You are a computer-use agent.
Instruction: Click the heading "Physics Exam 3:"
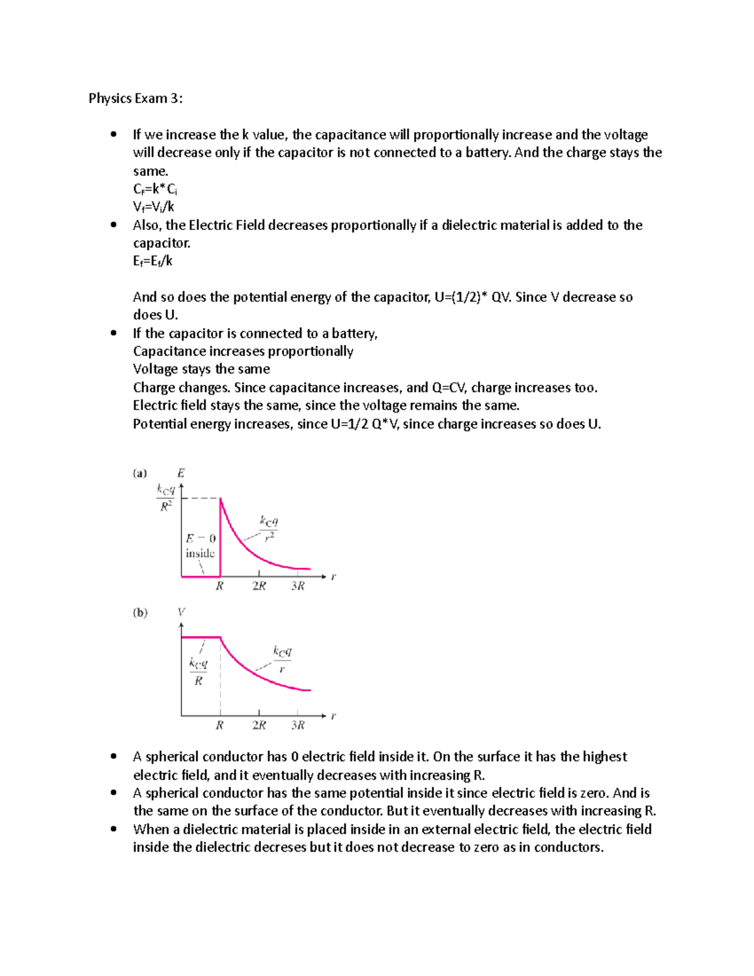point(136,98)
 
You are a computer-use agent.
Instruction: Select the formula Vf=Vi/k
point(154,207)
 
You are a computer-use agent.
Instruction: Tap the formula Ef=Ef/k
point(153,261)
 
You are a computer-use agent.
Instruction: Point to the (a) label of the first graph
point(139,473)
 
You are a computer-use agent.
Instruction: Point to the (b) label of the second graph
point(140,612)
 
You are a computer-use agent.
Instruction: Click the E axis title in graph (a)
point(181,473)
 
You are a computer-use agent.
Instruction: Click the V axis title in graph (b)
point(181,612)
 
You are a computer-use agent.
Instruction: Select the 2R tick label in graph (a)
point(259,586)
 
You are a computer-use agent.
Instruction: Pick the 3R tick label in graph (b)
point(298,725)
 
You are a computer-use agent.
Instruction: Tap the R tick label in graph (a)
point(219,586)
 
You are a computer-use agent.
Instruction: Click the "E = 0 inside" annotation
point(200,546)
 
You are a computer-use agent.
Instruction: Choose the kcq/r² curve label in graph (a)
point(269,528)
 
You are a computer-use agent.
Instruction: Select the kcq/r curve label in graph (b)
point(282,659)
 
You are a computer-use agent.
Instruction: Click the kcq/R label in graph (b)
point(199,672)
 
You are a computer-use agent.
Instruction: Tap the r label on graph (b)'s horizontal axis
point(333,715)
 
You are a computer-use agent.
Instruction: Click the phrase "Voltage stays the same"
point(201,369)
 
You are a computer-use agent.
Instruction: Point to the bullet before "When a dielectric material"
point(113,829)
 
